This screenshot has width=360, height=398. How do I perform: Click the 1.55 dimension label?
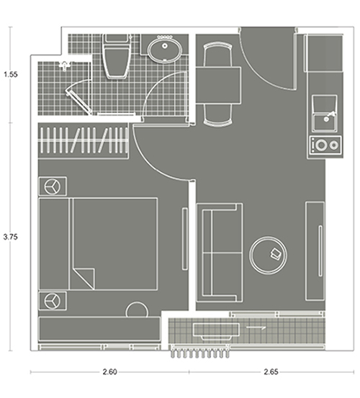point(10,75)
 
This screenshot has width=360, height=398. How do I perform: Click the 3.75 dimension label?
point(10,237)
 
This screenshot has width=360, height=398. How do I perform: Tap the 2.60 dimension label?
point(109,372)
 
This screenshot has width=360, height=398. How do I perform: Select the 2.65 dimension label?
point(271,372)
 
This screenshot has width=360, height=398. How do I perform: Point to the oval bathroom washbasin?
point(165,50)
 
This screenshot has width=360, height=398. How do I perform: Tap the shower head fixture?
point(65,65)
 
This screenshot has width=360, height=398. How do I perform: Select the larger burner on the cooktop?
point(321,145)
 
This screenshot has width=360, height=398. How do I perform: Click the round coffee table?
point(268,255)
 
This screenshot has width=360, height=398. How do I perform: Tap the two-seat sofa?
point(220,253)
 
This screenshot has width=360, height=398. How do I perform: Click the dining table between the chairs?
point(218,85)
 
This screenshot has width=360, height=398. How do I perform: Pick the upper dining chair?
point(218,55)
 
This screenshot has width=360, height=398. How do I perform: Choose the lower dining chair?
point(218,114)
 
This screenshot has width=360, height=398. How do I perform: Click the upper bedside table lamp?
point(53,186)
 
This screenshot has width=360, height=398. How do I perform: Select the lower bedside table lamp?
point(53,301)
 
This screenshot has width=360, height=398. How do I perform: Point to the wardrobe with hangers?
point(83,140)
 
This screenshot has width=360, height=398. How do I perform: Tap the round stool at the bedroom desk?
point(137,310)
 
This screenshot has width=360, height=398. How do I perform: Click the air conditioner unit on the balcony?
point(216,330)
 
